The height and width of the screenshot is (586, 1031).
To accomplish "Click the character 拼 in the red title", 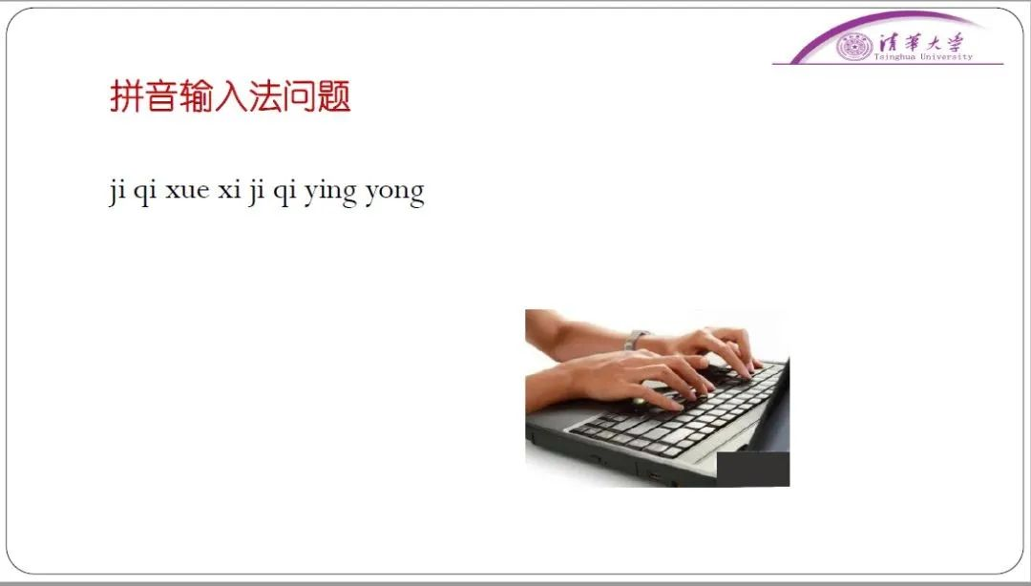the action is click(126, 96).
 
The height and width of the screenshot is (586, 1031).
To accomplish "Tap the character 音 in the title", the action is click(160, 96).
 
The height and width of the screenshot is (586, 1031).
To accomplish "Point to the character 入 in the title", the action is click(229, 96).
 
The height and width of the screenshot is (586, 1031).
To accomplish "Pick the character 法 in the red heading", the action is click(264, 96).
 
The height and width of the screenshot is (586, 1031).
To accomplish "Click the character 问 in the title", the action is click(299, 96).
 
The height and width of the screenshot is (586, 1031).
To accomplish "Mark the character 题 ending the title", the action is click(333, 96).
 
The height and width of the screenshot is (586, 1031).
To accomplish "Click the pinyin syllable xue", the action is click(187, 191).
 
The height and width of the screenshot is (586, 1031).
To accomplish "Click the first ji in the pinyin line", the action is click(117, 193).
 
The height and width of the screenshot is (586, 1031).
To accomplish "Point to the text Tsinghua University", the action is click(923, 56).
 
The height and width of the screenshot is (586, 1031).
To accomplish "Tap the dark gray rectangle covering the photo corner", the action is click(753, 469).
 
